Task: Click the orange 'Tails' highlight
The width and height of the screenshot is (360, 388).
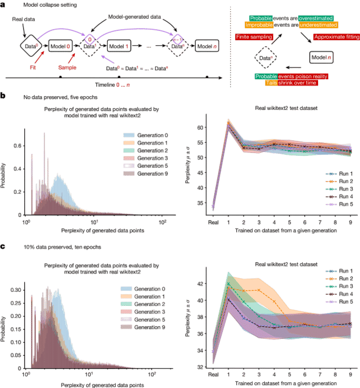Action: click(271, 83)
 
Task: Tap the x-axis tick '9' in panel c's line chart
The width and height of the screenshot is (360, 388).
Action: click(351, 374)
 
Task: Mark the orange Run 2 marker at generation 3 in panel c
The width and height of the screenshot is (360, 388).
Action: click(259, 290)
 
